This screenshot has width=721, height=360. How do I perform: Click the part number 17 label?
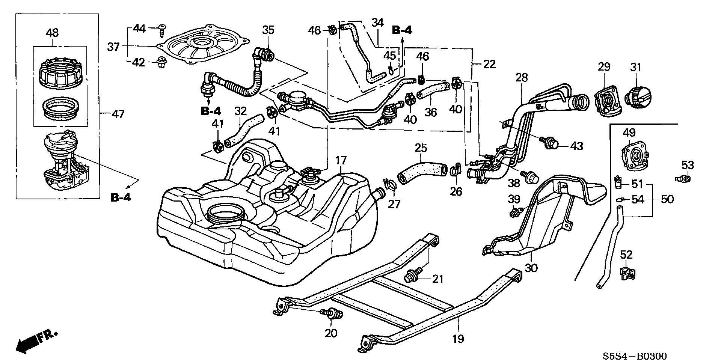click(x=341, y=161)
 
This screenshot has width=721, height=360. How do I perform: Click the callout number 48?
click(x=52, y=33)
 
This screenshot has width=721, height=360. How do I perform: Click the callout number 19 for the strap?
click(x=458, y=339)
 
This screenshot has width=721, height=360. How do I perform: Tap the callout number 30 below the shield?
click(x=531, y=268)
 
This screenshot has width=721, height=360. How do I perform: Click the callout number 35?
click(x=268, y=30)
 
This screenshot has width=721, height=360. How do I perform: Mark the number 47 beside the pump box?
click(x=118, y=114)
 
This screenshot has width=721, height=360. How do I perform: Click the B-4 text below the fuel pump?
click(x=121, y=197)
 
